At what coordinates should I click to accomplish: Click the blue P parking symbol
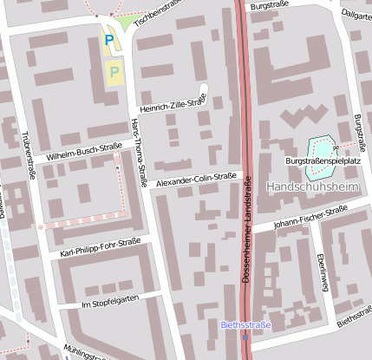pos(108,40)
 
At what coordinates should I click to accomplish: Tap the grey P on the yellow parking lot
pos(114,72)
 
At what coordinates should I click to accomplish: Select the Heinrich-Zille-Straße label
pos(173,104)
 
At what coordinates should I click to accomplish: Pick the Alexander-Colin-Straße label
pos(196,180)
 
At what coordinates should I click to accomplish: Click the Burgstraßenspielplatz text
pos(322,161)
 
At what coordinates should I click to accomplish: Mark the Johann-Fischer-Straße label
pos(310,217)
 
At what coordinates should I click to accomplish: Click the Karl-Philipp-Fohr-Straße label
pos(101,248)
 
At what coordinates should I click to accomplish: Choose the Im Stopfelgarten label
pos(109,303)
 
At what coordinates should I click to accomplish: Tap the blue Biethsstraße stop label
pos(246,325)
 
